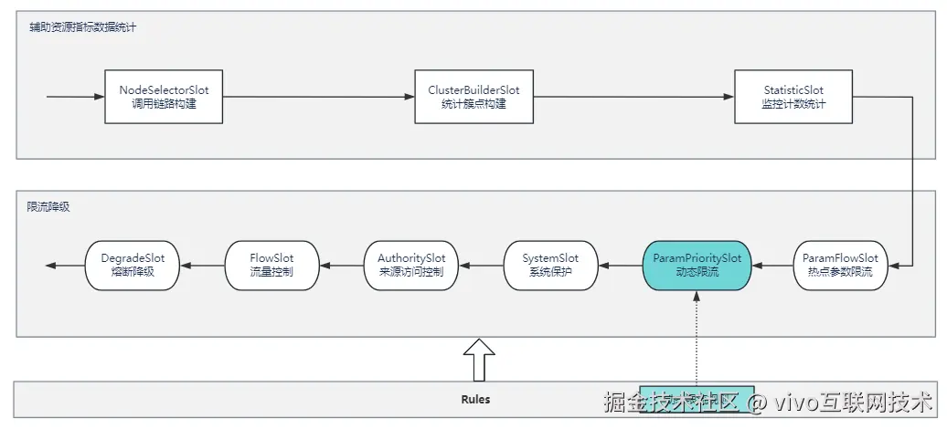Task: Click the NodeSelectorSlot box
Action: click(x=164, y=97)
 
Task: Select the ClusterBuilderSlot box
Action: click(x=473, y=97)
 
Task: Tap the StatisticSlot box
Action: click(x=793, y=97)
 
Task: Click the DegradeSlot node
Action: click(x=133, y=265)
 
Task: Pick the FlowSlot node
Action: click(x=271, y=265)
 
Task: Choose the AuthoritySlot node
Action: click(x=411, y=265)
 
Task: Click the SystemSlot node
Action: click(x=550, y=265)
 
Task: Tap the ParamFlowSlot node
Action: click(x=839, y=265)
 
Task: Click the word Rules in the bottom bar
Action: click(x=475, y=399)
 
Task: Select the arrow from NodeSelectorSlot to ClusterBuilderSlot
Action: click(x=318, y=97)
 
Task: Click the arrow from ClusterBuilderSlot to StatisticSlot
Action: click(x=633, y=97)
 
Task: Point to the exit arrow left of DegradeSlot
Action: click(x=64, y=265)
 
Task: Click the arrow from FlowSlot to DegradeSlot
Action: click(x=202, y=265)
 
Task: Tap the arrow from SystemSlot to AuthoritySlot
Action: click(x=481, y=265)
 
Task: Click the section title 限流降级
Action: click(x=48, y=207)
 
